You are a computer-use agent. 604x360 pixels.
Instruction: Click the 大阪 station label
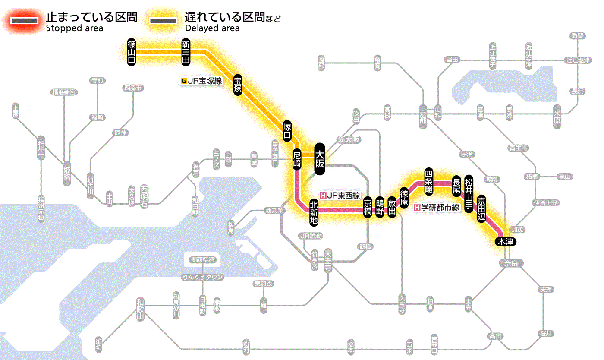(x=320, y=159)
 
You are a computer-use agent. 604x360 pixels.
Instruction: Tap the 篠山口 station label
(x=132, y=52)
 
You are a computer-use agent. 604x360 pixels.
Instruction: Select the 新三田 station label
(x=186, y=52)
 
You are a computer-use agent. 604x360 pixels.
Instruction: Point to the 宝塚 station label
(x=238, y=85)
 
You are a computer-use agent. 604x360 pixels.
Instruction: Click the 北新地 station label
(x=314, y=212)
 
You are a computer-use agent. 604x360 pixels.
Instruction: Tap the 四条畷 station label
(x=428, y=181)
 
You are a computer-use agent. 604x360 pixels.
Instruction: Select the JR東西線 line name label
(x=340, y=195)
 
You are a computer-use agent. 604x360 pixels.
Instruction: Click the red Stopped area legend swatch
(x=25, y=21)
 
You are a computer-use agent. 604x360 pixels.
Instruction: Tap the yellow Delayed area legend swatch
(x=163, y=21)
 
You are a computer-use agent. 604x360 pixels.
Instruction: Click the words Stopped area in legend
(x=75, y=28)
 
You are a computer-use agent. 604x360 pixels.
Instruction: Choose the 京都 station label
(x=423, y=114)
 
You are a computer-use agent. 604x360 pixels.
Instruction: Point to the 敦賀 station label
(x=578, y=36)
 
